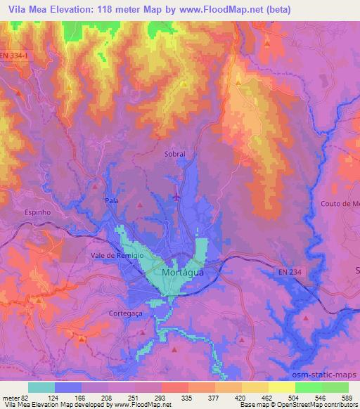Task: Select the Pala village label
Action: tap(110, 200)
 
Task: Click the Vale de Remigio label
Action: tap(117, 256)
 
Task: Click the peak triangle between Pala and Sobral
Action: tap(140, 205)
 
